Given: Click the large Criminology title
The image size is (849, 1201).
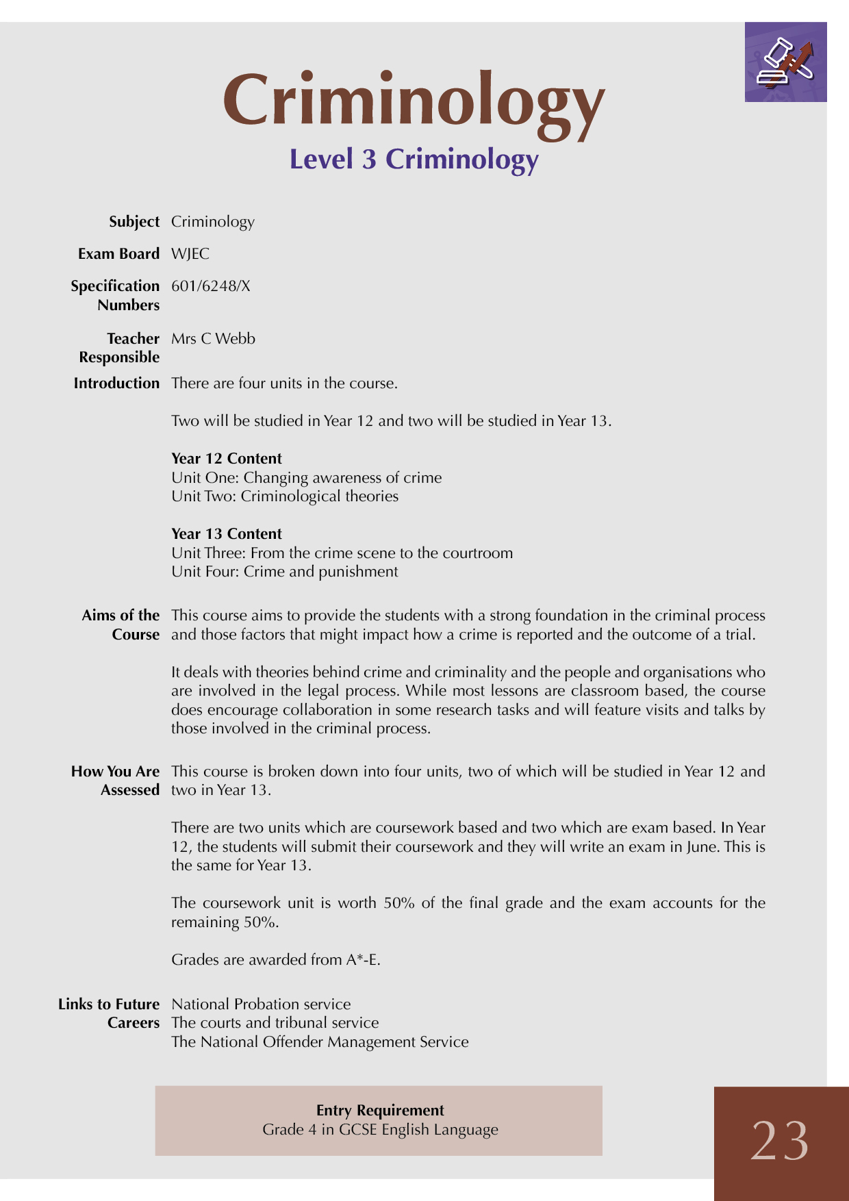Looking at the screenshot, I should pos(414,101).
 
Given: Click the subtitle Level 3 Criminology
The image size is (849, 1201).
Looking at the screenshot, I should pos(414,159).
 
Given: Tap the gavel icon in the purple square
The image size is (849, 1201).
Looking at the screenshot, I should pos(785,62).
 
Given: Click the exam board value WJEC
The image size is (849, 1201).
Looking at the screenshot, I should pos(190,254).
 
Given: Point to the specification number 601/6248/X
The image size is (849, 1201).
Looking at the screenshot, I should pos(211,286).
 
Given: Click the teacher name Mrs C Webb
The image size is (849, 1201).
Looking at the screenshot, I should pos(213,339).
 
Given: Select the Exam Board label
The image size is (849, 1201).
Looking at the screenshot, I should pos(118,254).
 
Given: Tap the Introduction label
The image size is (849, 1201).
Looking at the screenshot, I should pos(116,383).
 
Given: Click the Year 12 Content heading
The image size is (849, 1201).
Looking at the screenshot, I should pos(227,459).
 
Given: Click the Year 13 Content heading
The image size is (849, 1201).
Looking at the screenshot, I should pos(227,534).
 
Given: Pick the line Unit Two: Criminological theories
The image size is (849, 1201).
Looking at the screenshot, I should pos(285,496).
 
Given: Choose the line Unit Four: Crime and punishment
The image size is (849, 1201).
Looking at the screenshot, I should pos(285,572).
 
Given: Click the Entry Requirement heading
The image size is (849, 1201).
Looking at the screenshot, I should pos(380,1110).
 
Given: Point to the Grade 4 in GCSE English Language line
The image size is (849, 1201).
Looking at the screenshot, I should pos(380,1130).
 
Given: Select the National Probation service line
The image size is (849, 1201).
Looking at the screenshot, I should pos(261,1004).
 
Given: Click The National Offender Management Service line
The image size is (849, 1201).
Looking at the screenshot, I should pos(320,1042).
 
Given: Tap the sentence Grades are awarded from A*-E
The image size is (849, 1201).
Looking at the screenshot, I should pos(276,960).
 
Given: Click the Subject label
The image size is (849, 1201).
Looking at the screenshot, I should pos(134,222).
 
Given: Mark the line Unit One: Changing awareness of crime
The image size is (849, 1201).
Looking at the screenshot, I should pos(307,478).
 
